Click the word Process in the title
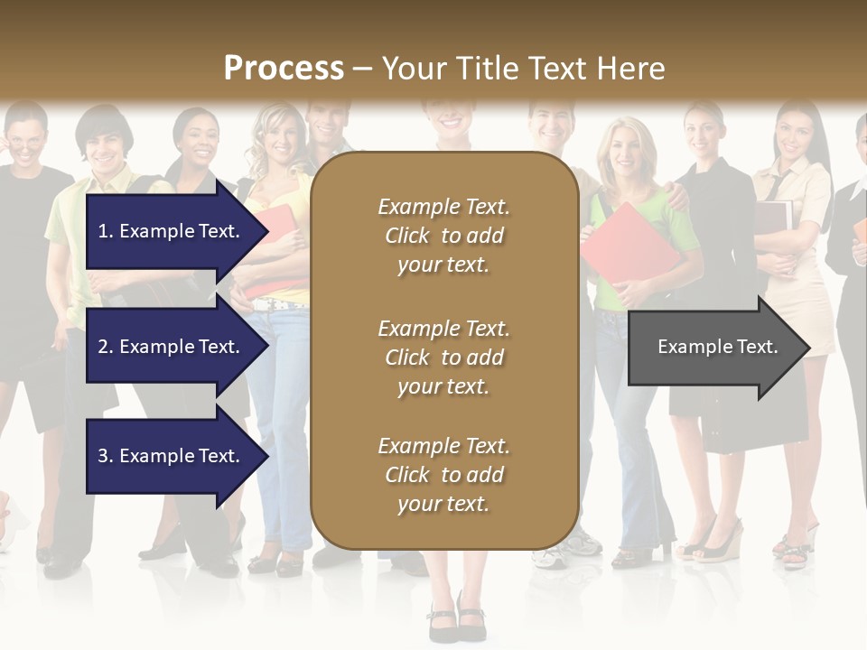tap(284, 68)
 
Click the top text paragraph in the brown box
tap(443, 236)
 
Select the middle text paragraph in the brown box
tap(443, 357)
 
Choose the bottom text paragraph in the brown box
tap(443, 475)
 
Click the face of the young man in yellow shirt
tap(107, 145)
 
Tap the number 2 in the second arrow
tap(102, 347)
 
